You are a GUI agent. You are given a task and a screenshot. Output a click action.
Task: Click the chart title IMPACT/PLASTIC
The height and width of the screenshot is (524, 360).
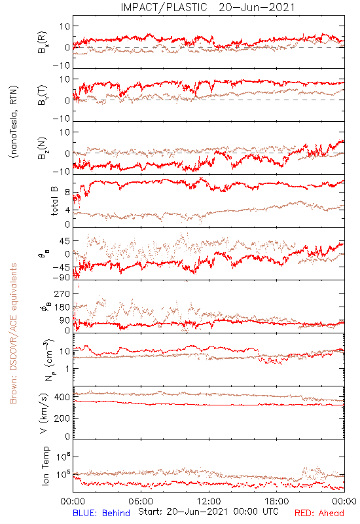click(164, 7)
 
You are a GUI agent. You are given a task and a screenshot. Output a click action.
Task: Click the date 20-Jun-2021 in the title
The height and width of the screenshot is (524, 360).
click(257, 7)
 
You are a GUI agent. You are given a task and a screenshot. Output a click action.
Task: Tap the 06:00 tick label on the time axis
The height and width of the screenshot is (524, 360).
click(141, 501)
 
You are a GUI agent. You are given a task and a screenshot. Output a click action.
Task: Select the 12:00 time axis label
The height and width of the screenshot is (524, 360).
click(209, 501)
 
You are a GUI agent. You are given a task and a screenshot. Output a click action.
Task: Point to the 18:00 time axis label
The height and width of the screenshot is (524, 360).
click(277, 501)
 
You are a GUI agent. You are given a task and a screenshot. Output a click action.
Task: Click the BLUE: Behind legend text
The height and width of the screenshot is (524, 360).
click(101, 513)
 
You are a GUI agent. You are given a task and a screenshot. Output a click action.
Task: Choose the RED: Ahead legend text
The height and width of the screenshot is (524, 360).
click(319, 513)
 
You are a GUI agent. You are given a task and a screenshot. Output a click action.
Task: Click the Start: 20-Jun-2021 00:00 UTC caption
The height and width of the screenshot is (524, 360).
click(208, 512)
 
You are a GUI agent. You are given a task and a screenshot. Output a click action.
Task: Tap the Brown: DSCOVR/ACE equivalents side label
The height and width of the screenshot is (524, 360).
click(13, 333)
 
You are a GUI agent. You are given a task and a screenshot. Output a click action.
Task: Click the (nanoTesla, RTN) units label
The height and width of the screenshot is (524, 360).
click(14, 122)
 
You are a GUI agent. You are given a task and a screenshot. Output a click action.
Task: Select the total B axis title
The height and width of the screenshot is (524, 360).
click(54, 201)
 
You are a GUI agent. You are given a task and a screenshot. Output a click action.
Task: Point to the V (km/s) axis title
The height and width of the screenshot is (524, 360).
click(44, 413)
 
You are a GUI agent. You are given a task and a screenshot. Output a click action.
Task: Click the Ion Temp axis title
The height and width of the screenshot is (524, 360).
click(45, 466)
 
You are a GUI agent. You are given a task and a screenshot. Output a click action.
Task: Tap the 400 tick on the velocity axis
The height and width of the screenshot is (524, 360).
click(62, 397)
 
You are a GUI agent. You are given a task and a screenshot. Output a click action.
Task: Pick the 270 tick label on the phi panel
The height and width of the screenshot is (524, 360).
click(62, 293)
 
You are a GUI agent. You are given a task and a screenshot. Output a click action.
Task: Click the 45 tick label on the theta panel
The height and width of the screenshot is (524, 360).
click(65, 241)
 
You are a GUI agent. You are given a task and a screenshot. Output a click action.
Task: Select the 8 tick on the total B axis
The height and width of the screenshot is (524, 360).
click(67, 193)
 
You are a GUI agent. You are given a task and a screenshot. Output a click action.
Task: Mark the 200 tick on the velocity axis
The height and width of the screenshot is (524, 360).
click(62, 418)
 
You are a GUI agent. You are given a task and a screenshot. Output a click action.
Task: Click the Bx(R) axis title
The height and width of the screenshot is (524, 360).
click(43, 43)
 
